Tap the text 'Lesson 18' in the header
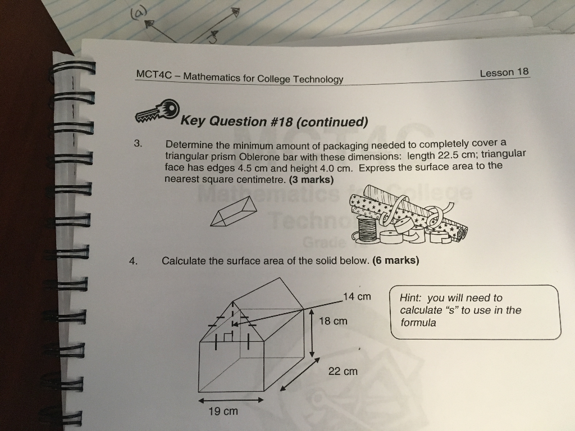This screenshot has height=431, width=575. point(504,72)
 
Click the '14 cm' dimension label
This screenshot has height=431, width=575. point(357,296)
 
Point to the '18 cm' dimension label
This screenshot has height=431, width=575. point(333,321)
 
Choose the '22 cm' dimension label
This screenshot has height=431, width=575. point(343,371)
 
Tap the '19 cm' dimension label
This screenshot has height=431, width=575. point(223,411)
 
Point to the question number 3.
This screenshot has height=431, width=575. point(138,143)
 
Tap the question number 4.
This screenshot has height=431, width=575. point(133,261)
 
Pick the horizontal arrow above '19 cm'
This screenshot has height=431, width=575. point(231,400)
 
